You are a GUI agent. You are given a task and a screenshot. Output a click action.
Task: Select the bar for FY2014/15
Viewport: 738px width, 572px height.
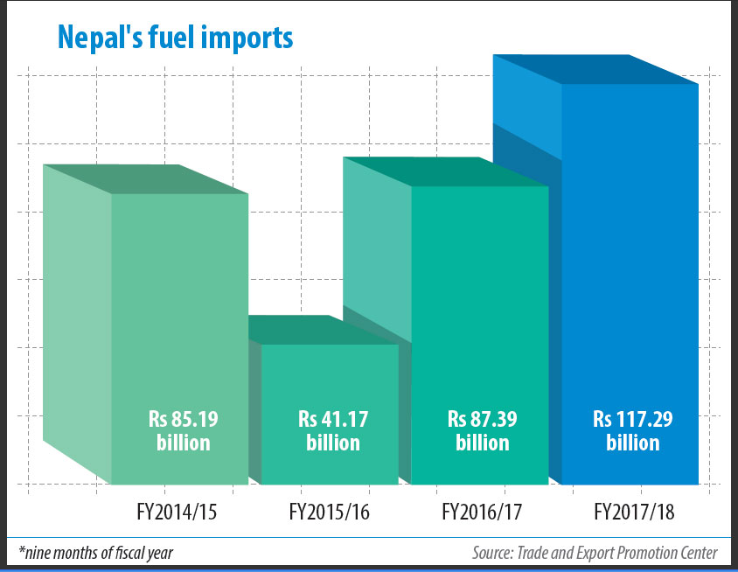[x=179, y=306]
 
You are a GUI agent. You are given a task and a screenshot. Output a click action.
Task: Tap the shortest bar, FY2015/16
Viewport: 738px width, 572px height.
[x=330, y=385]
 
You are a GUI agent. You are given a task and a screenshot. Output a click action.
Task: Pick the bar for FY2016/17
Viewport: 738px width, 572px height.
[x=479, y=306]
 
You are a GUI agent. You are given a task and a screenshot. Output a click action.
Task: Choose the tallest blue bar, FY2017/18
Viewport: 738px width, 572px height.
[x=630, y=262]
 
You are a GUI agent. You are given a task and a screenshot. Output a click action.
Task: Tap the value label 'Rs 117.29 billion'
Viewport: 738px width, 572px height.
[x=632, y=431]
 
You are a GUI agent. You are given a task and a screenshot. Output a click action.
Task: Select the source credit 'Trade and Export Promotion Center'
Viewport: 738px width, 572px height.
[x=617, y=552]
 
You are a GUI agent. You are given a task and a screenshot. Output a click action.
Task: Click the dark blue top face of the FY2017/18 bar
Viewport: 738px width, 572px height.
[x=595, y=69]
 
